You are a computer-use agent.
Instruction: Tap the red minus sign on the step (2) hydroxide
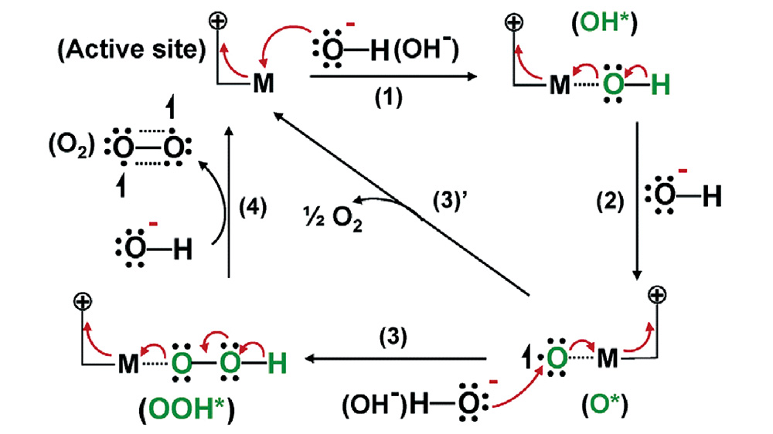click(666, 168)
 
